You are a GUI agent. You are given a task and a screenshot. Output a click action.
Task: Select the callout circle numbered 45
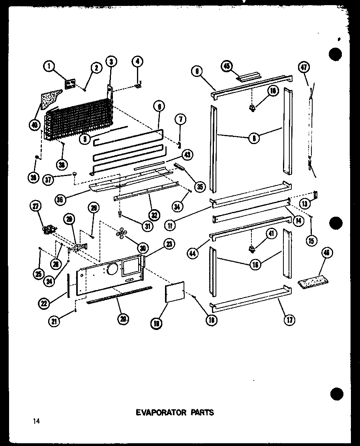[x=227, y=66]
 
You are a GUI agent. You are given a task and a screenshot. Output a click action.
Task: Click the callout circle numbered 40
[x=36, y=125]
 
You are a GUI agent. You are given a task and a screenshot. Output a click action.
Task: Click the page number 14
[x=37, y=422]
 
